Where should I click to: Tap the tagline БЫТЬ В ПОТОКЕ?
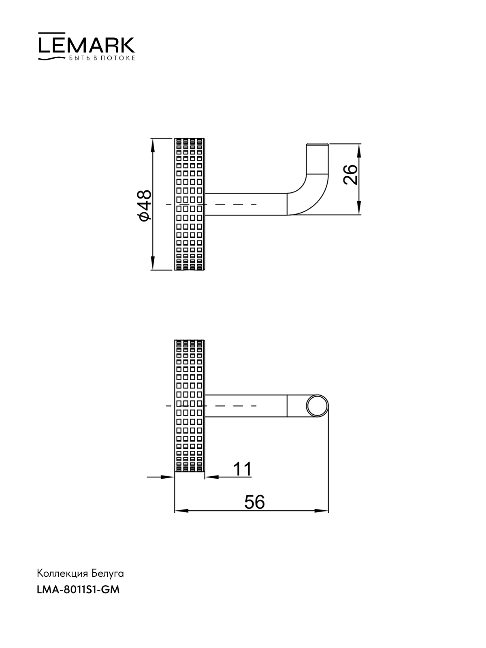(102, 58)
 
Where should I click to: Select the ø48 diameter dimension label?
(145, 205)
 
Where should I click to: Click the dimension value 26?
(350, 175)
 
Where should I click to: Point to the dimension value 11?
(242, 469)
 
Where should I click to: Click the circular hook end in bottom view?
(317, 406)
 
